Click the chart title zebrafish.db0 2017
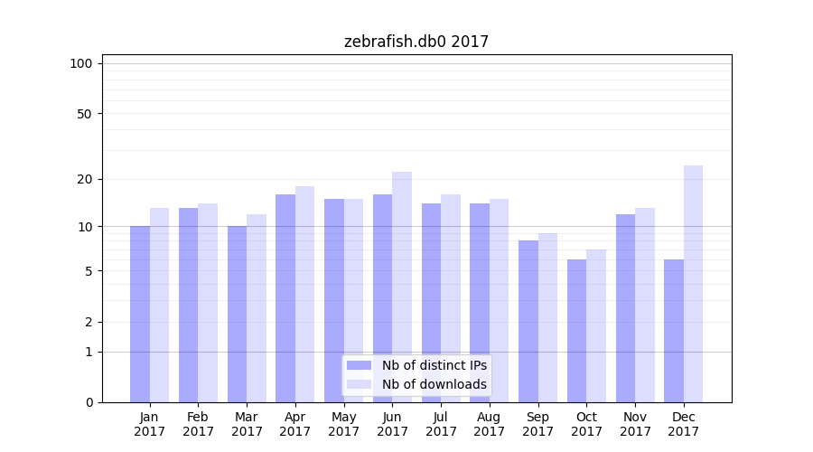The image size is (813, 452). tap(416, 42)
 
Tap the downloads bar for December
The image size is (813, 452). tap(693, 284)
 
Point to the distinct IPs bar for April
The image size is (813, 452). tap(285, 298)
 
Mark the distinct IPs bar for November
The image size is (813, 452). tap(625, 308)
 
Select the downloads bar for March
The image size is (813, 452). tap(257, 308)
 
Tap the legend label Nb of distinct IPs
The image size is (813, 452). tap(434, 365)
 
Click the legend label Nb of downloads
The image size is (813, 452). tap(434, 384)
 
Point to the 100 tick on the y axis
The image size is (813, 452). tap(81, 63)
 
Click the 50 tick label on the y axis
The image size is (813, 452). tap(84, 114)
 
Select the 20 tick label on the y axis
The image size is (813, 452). tap(84, 179)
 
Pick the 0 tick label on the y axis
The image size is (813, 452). tap(88, 402)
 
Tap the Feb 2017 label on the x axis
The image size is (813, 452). tap(199, 424)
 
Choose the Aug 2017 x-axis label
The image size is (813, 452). tap(490, 424)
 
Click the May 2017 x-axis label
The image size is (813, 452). tap(344, 424)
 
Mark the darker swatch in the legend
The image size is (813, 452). tap(359, 365)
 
